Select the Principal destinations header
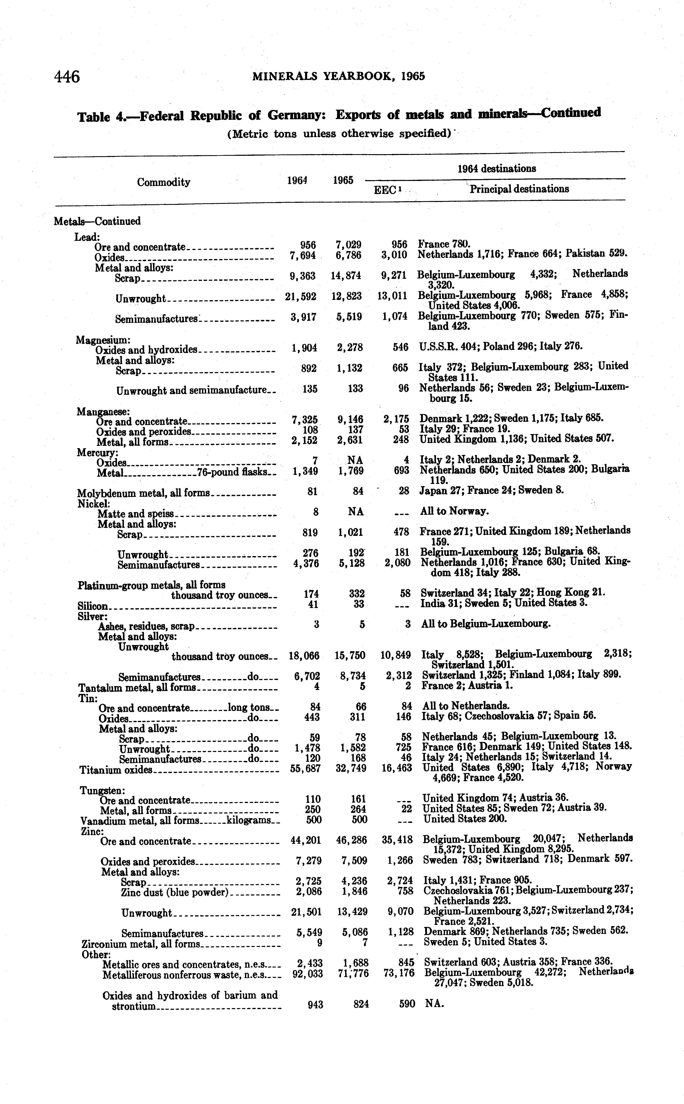[519, 189]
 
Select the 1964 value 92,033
[308, 974]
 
